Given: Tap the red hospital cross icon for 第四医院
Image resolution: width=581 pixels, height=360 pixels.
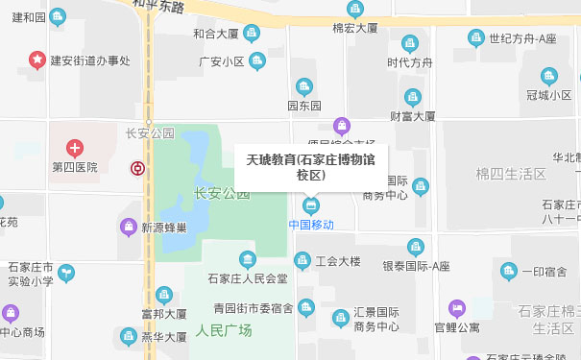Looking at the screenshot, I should (x=75, y=148).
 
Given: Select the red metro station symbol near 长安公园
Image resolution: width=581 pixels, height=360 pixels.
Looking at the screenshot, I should (x=138, y=169).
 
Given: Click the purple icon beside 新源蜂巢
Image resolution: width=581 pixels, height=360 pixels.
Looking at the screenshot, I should (x=128, y=228).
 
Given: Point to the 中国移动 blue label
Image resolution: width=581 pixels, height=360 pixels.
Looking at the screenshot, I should (x=311, y=224).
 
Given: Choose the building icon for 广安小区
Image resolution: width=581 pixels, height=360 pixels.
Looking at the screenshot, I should (x=256, y=61).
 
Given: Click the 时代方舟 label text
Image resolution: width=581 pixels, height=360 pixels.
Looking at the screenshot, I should (x=410, y=63).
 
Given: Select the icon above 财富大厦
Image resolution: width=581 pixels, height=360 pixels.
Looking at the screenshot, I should (x=413, y=96).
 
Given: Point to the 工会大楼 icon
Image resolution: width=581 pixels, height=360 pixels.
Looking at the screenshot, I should (x=303, y=260).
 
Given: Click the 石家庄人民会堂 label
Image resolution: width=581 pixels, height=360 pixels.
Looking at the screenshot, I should (x=248, y=278).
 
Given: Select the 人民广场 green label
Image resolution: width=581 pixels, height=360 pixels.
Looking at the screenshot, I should (x=223, y=330).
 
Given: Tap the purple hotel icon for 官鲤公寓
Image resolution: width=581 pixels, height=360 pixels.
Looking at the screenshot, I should (x=456, y=308).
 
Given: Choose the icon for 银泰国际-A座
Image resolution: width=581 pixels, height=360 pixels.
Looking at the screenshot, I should (x=415, y=247).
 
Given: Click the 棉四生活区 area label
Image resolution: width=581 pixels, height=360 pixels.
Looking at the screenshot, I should (x=511, y=174).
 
